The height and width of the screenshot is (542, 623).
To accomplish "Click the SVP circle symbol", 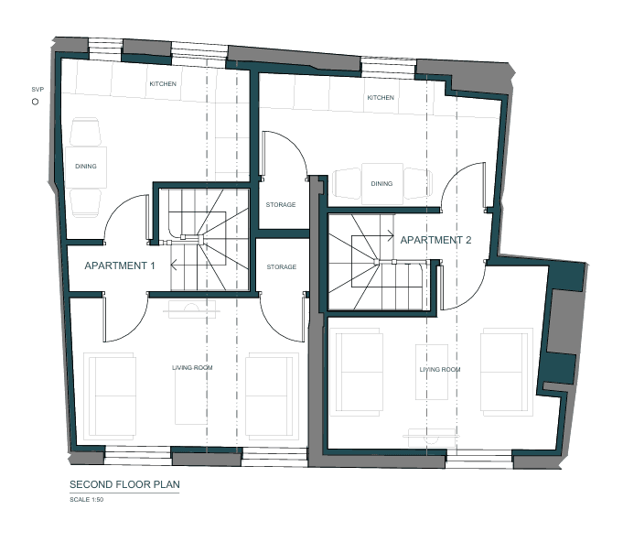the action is point(35,102).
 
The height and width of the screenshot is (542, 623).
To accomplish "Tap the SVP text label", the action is point(38,90).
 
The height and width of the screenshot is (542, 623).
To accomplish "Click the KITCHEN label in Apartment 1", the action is point(163,84).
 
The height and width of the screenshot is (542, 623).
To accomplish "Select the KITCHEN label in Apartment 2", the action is point(381,97).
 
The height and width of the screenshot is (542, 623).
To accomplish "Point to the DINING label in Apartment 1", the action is point(86,167).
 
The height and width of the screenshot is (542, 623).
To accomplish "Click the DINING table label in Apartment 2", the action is point(381,184).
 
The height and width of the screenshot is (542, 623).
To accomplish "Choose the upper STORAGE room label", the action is point(281,205).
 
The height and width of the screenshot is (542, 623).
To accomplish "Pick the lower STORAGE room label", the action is point(282,266).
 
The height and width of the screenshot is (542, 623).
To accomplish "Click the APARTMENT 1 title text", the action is point(120,266).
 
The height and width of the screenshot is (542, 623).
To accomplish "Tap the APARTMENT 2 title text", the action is point(435,240).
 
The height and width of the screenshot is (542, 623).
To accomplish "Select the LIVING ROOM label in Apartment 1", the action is point(192,368).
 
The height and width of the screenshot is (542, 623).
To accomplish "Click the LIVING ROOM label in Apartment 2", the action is point(440,369).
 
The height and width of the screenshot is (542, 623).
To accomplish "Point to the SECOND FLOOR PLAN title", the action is point(124,484).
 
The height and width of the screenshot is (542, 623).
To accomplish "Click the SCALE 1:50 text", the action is point(87,500).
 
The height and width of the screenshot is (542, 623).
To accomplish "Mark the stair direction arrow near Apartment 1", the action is point(185,265).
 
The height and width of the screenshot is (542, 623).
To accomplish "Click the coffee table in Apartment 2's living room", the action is point(432,372).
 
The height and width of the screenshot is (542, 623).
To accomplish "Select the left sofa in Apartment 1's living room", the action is point(111,396).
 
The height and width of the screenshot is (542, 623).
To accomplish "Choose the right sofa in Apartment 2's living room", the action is point(507,372).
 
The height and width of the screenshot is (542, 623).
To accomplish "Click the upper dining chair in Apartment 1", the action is point(85,132).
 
